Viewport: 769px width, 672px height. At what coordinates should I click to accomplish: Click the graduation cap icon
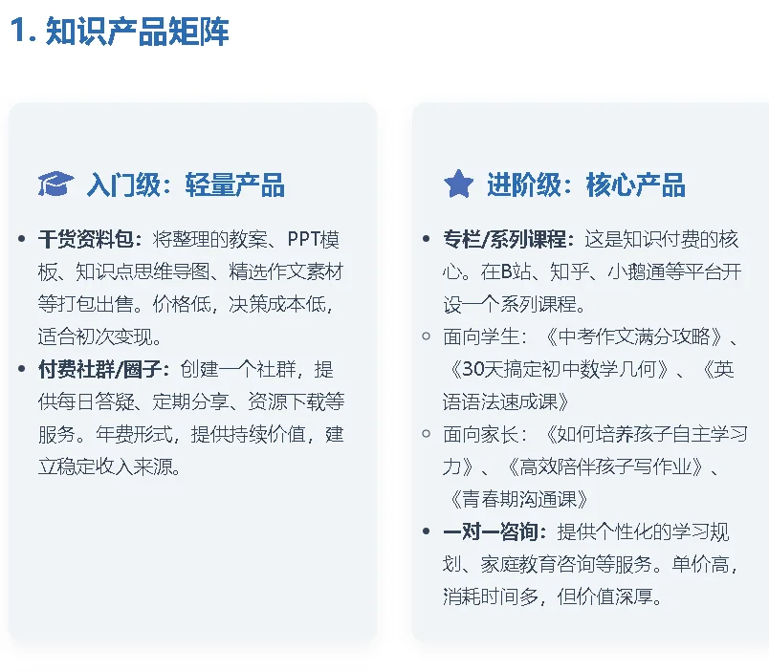(55, 184)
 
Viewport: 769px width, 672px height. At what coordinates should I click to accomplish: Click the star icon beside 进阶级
(458, 184)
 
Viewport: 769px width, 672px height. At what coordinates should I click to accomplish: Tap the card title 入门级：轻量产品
(186, 184)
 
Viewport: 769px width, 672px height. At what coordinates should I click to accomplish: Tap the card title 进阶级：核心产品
(585, 184)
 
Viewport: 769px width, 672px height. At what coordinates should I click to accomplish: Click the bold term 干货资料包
(89, 239)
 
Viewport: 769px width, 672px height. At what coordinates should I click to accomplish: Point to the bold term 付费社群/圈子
(103, 369)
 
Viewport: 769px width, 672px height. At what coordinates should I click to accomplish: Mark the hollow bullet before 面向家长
(427, 434)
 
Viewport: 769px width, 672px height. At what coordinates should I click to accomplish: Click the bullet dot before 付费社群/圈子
(22, 369)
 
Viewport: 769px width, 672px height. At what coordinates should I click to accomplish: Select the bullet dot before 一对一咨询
(427, 531)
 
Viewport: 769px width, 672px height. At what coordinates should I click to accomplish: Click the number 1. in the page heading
(23, 33)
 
